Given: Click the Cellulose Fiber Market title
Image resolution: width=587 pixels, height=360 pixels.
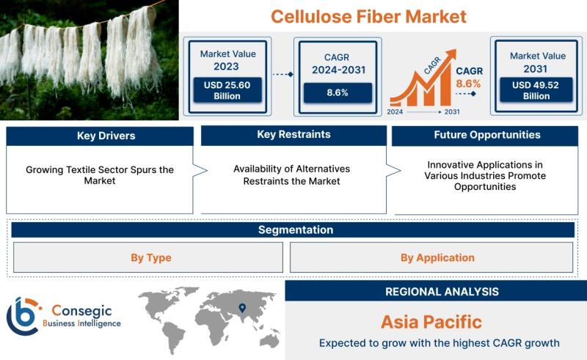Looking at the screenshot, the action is tap(368, 16).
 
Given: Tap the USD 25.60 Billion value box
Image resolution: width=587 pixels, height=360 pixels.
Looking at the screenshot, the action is tap(227, 90).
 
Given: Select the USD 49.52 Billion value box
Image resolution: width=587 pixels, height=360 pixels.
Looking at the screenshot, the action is tap(536, 90).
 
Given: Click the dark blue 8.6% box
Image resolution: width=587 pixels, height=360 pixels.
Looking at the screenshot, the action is tap(338, 93).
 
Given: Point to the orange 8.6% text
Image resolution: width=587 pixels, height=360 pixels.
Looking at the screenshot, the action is tap(468, 84).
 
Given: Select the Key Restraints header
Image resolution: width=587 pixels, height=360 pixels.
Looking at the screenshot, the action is tap(294, 135).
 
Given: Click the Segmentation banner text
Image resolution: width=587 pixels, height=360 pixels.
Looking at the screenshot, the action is tap(296, 229).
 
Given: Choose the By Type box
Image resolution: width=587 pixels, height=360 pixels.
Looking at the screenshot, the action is tap(148, 257).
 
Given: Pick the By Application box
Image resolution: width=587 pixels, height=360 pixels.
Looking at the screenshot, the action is tap(431, 257).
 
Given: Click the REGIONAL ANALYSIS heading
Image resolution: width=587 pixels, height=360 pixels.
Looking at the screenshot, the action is tap(442, 292).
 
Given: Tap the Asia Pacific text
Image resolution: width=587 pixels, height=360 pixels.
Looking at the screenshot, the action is tap(431, 322).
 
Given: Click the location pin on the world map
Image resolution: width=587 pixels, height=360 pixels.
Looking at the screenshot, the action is tap(242, 308).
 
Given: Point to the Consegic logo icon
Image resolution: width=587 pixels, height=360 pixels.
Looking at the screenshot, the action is tap(23, 316).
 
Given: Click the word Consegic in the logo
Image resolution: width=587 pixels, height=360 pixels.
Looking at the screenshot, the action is tap(81, 311).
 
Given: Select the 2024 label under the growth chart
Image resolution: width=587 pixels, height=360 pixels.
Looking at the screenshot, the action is tap(395, 112).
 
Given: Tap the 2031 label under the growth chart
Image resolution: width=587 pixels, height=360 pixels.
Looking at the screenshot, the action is tap(452, 112).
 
